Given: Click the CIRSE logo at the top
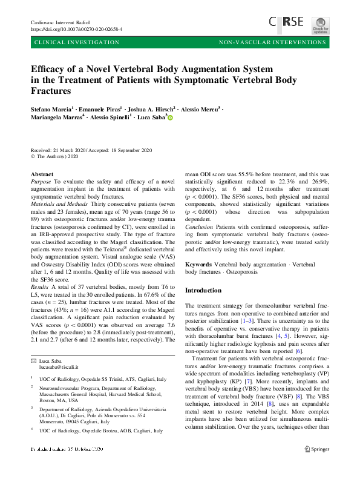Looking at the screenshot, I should tap(287, 23).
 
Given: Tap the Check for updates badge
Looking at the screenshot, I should tap(320, 24).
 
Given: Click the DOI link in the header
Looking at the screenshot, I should tap(76, 29).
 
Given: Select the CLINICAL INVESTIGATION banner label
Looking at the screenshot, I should tap(77, 43).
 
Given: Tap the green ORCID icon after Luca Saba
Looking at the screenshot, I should tap(170, 118).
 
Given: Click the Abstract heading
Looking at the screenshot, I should tap(42, 174).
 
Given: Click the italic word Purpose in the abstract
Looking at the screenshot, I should tap(41, 182).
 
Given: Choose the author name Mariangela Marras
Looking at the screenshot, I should tap(55, 117).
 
